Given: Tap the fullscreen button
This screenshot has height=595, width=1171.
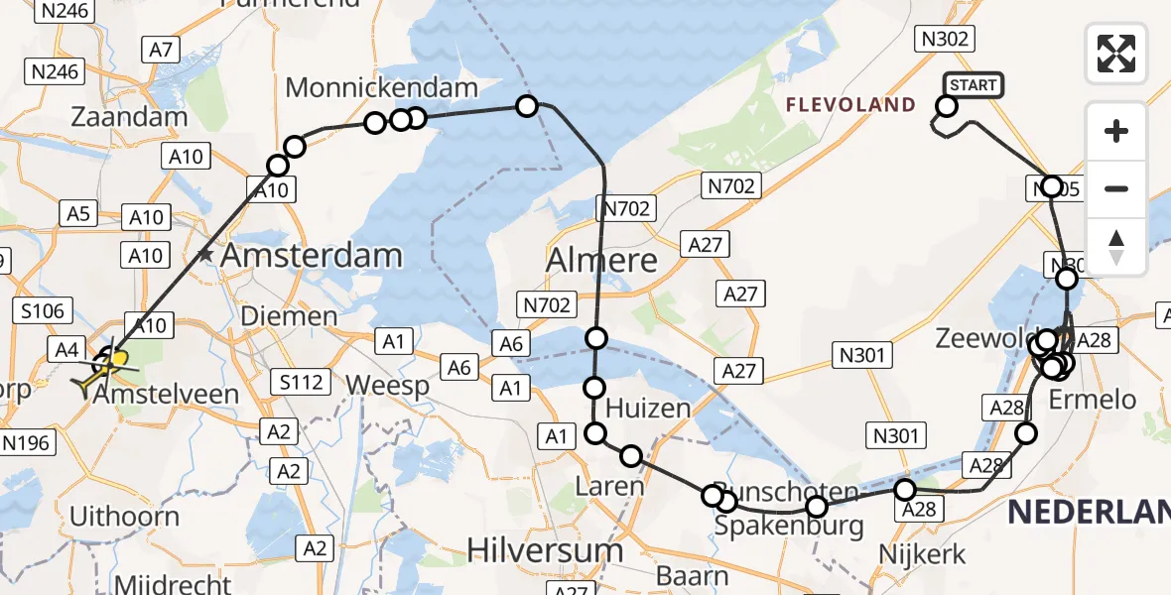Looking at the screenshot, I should point(1116,54).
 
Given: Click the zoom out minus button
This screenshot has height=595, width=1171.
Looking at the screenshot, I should point(1116,188).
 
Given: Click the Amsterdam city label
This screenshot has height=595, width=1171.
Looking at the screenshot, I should point(312,255).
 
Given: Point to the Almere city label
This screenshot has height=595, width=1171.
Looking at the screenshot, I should point(602,261).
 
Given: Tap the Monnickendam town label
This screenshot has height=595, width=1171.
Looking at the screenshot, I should point(382,88).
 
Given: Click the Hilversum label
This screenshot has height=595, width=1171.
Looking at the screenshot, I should point(545,549).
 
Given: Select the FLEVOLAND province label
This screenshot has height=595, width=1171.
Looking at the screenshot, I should point(851,104).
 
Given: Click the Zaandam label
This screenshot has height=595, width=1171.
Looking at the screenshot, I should point(129,116).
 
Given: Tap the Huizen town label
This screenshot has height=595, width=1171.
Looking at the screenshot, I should point(648,408).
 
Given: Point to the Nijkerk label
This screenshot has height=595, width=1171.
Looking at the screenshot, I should point(922,553).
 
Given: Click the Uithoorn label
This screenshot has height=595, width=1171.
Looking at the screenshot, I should point(124,517).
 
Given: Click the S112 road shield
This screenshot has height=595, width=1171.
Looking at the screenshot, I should point(301,381).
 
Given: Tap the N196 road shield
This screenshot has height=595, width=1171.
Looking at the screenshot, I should point(26,442).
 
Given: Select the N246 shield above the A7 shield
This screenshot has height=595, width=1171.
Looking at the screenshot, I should point(64,12).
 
